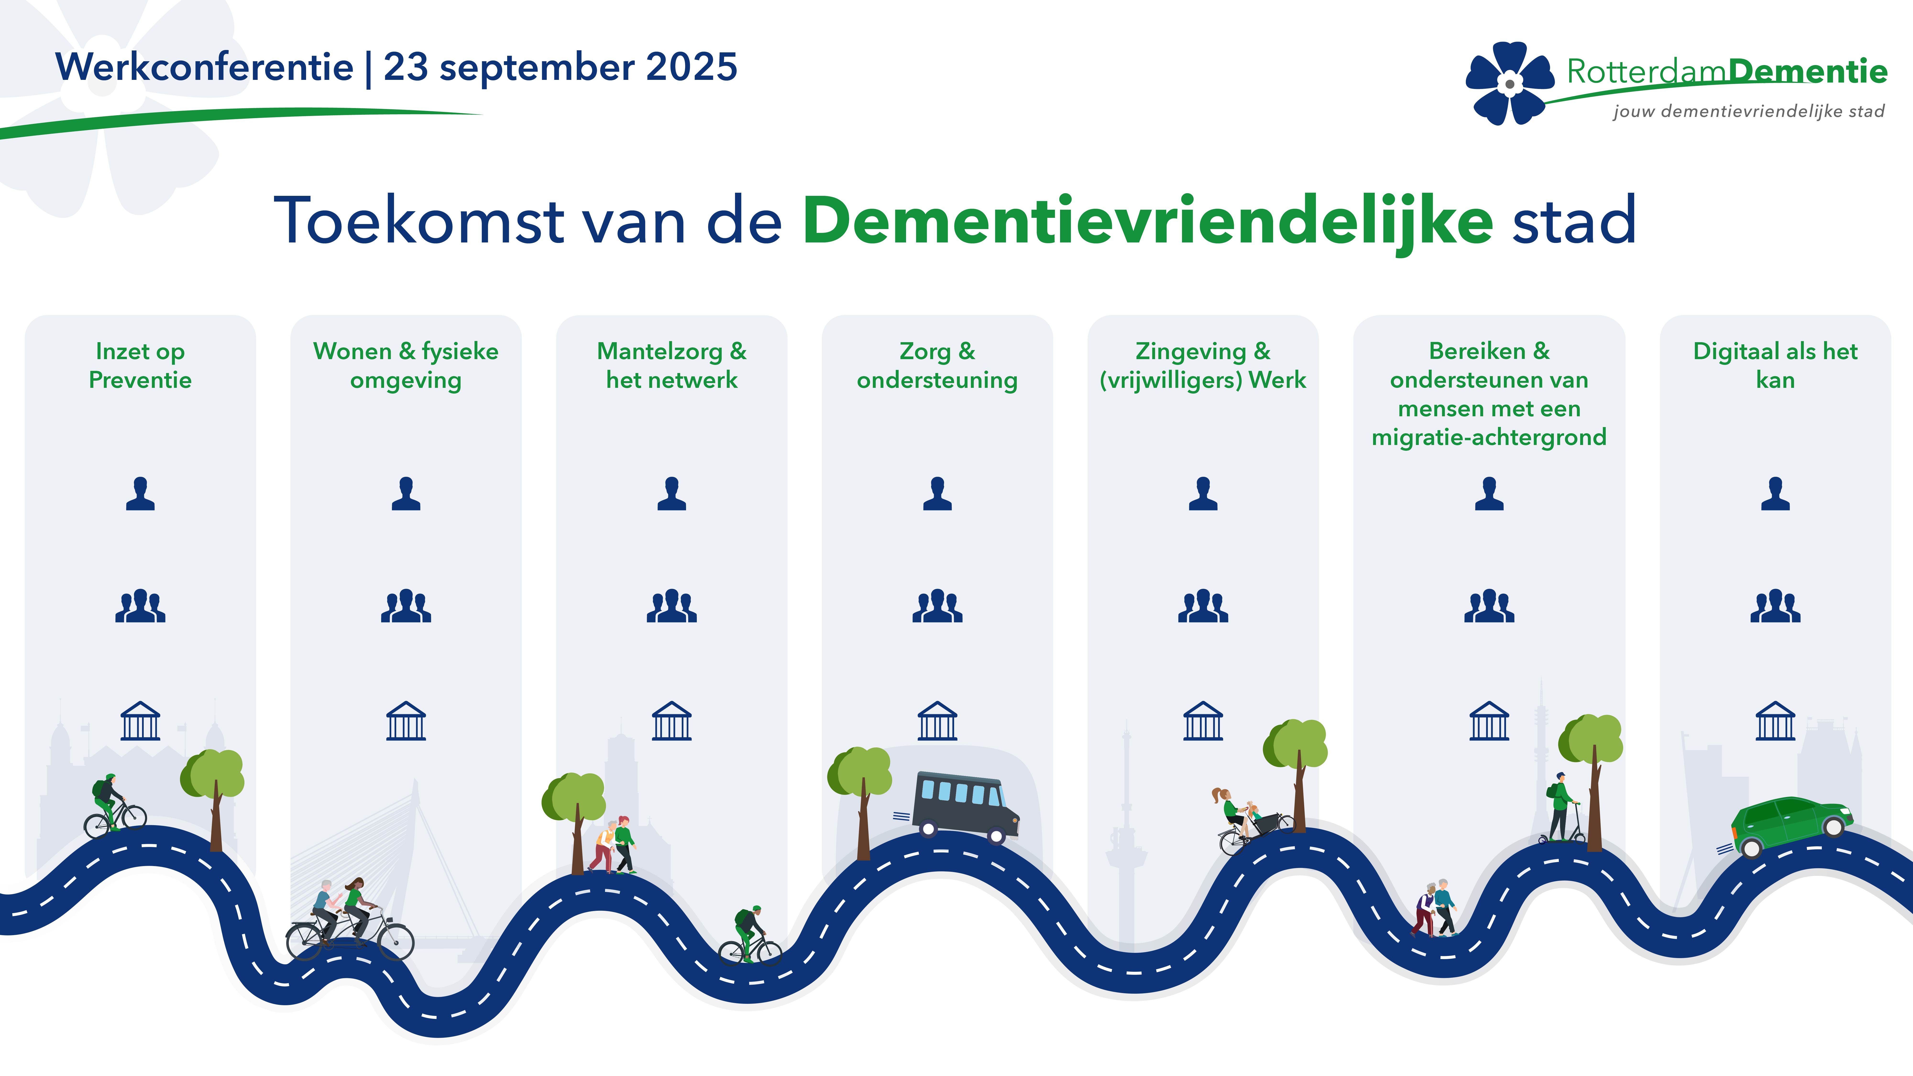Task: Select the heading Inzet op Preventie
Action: coord(140,365)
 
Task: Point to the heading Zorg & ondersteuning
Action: coord(937,365)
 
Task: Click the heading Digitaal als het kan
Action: coord(1775,365)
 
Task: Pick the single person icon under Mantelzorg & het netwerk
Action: coord(671,494)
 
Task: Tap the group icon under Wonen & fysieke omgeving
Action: coord(406,606)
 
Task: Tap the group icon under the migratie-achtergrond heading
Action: coord(1489,606)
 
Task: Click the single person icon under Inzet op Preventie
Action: coord(140,494)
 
